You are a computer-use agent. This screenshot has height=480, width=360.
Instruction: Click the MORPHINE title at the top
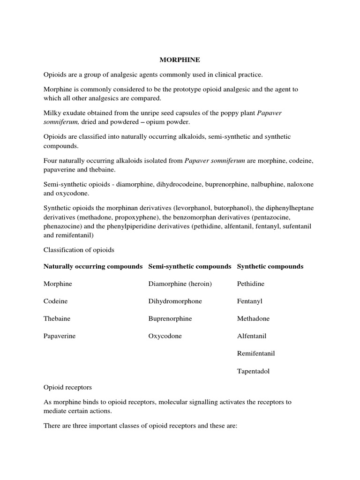pos(180,60)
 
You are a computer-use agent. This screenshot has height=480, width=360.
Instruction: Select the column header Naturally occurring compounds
pos(93,266)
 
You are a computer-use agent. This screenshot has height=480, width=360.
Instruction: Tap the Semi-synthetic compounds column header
pos(189,266)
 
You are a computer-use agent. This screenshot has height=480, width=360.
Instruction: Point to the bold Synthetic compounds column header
pos(270,266)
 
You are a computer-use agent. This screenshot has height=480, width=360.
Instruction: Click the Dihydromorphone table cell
pos(175,301)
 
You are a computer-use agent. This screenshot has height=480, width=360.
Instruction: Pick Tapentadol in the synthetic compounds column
pos(253,371)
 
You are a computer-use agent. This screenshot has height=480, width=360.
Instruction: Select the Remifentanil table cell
pos(256,353)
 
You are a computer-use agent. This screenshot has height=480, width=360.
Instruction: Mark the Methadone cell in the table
pos(253,319)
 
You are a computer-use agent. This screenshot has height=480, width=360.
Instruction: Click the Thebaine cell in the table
pos(57,319)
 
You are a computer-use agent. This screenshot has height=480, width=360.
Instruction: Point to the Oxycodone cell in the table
pos(165,336)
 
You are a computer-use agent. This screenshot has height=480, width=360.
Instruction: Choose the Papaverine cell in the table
pos(60,336)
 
